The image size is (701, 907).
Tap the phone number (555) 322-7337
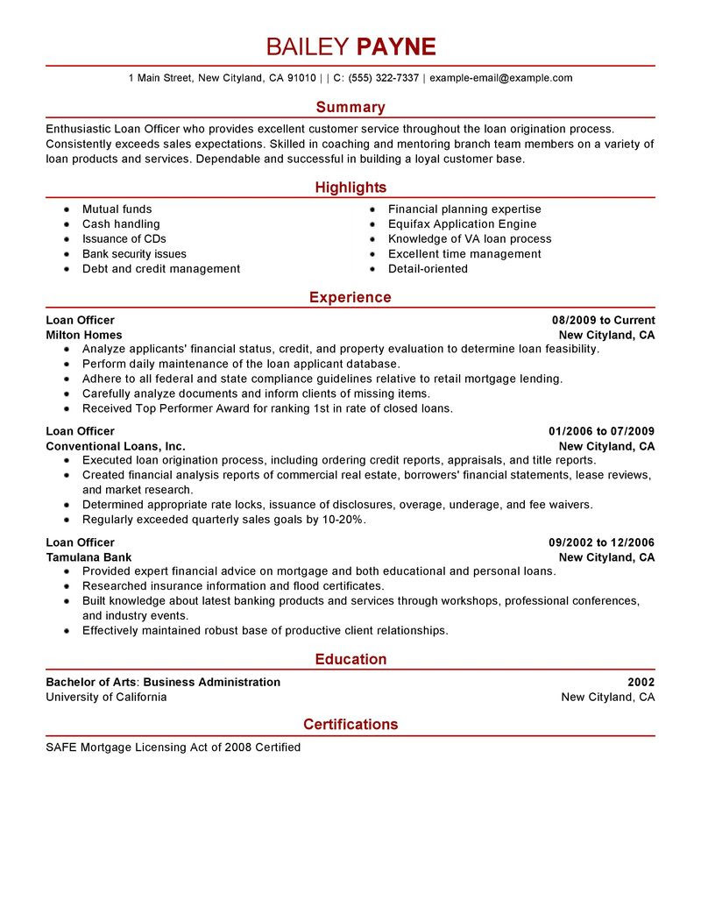pos(384,78)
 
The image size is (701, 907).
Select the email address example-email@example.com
pos(500,78)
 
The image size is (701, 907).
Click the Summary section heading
pos(350,107)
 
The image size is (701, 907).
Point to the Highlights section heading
pos(350,188)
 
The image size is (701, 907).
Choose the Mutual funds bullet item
pos(117,209)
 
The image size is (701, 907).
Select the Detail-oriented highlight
pos(428,269)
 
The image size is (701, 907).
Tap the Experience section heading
pos(350,297)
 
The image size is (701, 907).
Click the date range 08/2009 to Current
pos(603,321)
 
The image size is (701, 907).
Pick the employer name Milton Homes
pos(84,336)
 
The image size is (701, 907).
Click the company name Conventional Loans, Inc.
pos(116,447)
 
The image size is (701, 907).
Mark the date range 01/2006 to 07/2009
pos(601,432)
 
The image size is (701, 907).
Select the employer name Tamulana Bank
pos(89,557)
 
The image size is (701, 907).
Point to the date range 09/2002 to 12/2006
pos(601,542)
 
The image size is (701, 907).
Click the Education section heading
pos(350,659)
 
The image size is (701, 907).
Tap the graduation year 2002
pos(641,683)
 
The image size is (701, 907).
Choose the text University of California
pos(106,698)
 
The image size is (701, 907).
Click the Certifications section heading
pos(350,725)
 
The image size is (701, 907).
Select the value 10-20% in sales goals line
pos(343,520)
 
